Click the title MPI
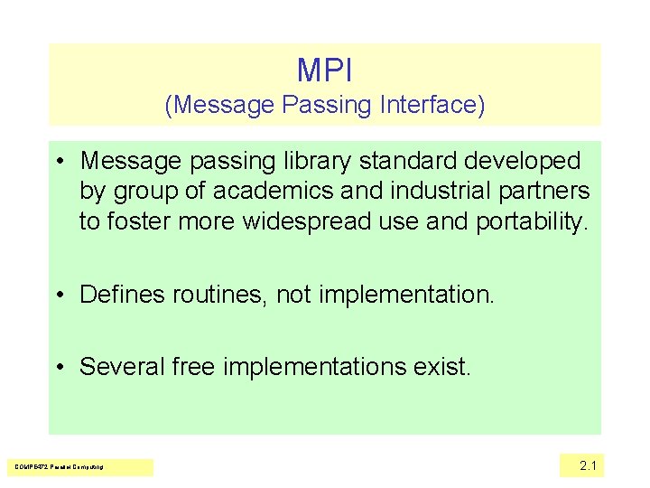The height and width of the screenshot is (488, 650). tap(324, 70)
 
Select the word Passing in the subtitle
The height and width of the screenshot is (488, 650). tap(326, 106)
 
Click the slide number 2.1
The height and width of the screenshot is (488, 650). tap(588, 465)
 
